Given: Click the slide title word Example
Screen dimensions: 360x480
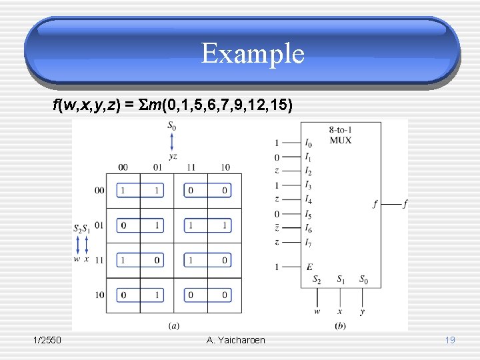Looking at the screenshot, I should click(x=253, y=53).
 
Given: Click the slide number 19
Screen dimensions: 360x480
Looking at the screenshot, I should click(x=450, y=340).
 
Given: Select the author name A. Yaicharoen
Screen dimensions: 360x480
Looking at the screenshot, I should click(x=235, y=340).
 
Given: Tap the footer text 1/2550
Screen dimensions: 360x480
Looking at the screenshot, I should click(x=47, y=340).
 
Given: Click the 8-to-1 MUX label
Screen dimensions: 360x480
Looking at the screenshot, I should click(x=340, y=135).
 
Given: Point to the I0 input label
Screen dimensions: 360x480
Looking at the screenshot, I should click(x=308, y=143).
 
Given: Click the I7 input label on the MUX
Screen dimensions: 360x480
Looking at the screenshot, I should click(x=308, y=242).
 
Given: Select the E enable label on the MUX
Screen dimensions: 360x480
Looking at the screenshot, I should click(x=309, y=267).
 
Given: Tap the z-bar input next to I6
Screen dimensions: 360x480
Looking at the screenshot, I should click(x=277, y=228).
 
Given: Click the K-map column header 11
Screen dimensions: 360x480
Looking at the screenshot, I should click(x=191, y=167).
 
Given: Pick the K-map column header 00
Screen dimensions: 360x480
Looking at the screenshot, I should click(x=123, y=167).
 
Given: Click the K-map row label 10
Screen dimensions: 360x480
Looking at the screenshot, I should click(x=99, y=294).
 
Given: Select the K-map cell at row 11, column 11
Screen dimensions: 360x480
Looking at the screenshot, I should click(x=191, y=259).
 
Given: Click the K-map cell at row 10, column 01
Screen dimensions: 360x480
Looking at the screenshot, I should click(x=157, y=294).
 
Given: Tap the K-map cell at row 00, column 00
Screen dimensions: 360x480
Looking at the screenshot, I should click(x=123, y=191).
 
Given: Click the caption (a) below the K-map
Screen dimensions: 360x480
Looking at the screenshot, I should click(x=173, y=325).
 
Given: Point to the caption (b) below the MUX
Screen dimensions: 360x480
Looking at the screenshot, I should click(x=340, y=325).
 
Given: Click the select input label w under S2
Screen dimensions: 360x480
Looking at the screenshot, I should click(x=317, y=311).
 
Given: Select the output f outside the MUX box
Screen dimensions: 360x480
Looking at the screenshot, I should click(x=405, y=204).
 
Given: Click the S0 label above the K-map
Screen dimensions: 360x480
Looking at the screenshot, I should click(x=172, y=125).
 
